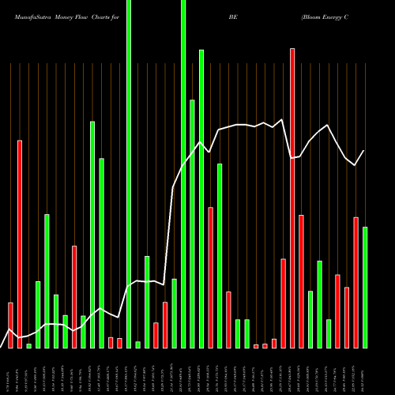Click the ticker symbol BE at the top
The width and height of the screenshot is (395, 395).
(232, 16)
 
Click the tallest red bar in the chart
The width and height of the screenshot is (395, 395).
(292, 197)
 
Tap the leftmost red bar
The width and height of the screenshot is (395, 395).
(11, 325)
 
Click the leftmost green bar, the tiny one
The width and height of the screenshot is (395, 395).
(29, 345)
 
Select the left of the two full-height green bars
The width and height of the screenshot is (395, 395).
(129, 174)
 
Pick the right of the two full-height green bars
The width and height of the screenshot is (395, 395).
(183, 174)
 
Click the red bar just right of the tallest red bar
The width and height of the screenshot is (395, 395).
(302, 280)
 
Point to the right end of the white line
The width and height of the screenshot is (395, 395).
(364, 150)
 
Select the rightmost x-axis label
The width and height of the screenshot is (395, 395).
(365, 371)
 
